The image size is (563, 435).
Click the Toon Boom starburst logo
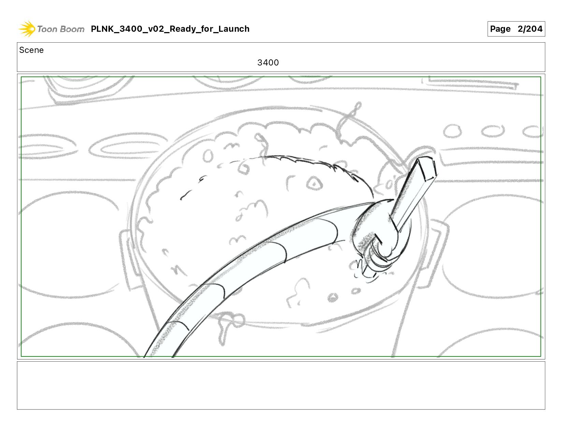27,29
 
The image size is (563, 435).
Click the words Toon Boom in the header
61,29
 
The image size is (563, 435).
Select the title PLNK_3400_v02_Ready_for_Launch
170,29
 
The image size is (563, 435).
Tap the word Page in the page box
500,29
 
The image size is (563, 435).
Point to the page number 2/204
530,29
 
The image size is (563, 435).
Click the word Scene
31,50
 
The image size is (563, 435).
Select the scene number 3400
268,62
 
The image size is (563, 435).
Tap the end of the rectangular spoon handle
427,168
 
